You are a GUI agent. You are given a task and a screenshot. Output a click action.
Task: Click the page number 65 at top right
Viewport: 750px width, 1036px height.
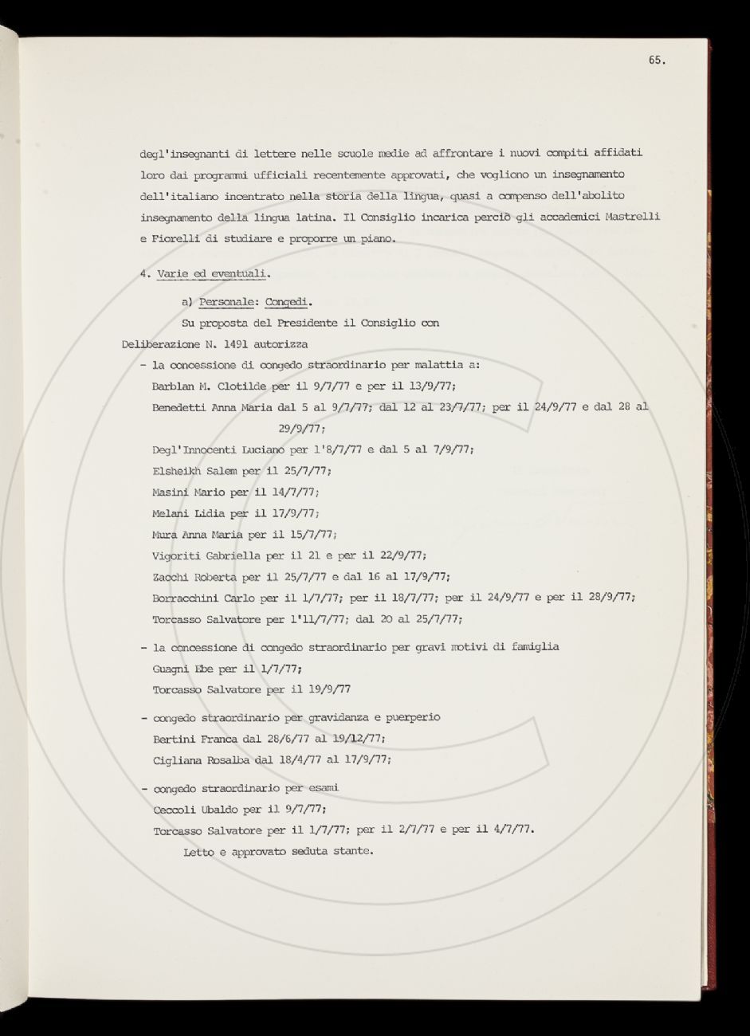(x=656, y=61)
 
